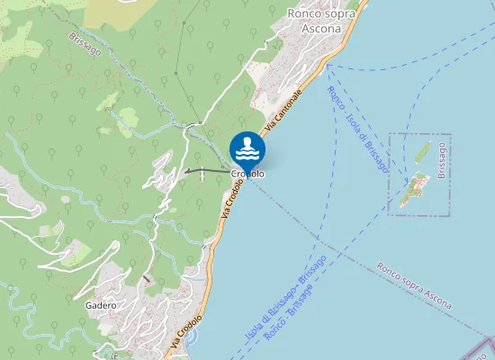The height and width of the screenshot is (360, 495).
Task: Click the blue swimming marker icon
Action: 247,148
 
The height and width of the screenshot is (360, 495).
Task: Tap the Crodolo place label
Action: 247,174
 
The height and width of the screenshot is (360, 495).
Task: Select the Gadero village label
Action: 101,305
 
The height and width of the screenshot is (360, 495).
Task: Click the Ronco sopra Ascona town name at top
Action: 315,21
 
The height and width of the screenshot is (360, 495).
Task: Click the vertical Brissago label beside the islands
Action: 442,161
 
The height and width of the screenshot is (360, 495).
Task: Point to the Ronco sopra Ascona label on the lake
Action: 414,284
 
